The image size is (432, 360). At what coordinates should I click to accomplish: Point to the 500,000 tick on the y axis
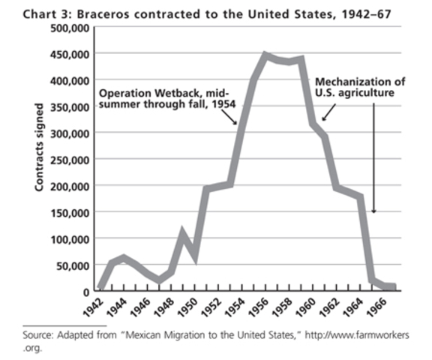pos(70,28)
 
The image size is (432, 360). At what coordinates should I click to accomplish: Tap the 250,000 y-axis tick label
pos(70,160)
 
